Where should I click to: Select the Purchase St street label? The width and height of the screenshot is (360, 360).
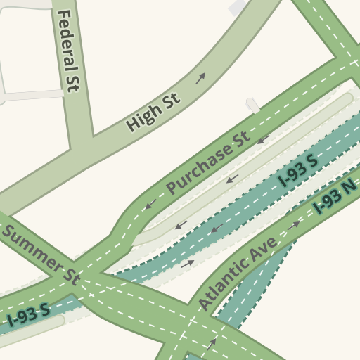click(x=208, y=163)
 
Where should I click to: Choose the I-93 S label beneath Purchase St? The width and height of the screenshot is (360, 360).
click(x=297, y=172)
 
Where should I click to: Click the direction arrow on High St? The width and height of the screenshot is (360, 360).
click(x=200, y=78)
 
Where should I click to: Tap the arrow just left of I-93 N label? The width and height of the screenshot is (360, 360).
click(x=294, y=225)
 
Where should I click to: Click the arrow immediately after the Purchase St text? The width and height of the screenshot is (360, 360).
click(x=264, y=139)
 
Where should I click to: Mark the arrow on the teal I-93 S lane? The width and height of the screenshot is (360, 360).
click(x=217, y=228)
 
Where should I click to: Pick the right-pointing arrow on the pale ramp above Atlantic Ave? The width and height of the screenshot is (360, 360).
click(x=187, y=264)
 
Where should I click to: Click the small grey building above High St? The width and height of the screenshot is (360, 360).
click(x=237, y=7)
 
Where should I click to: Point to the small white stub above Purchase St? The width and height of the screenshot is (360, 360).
click(x=252, y=105)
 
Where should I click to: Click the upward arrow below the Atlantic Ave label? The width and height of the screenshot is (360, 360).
click(x=211, y=345)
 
